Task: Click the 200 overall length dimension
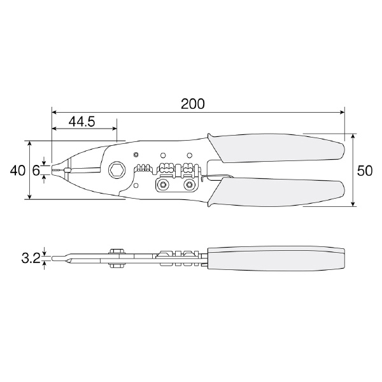click(193, 104)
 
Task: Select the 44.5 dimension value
click(81, 122)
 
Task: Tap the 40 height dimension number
click(17, 171)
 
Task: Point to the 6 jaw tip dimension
click(36, 171)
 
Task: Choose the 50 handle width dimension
click(365, 171)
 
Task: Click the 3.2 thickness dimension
click(31, 258)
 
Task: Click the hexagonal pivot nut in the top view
click(117, 169)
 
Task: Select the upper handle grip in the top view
click(276, 148)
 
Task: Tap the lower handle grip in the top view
click(276, 192)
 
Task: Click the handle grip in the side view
click(276, 258)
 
